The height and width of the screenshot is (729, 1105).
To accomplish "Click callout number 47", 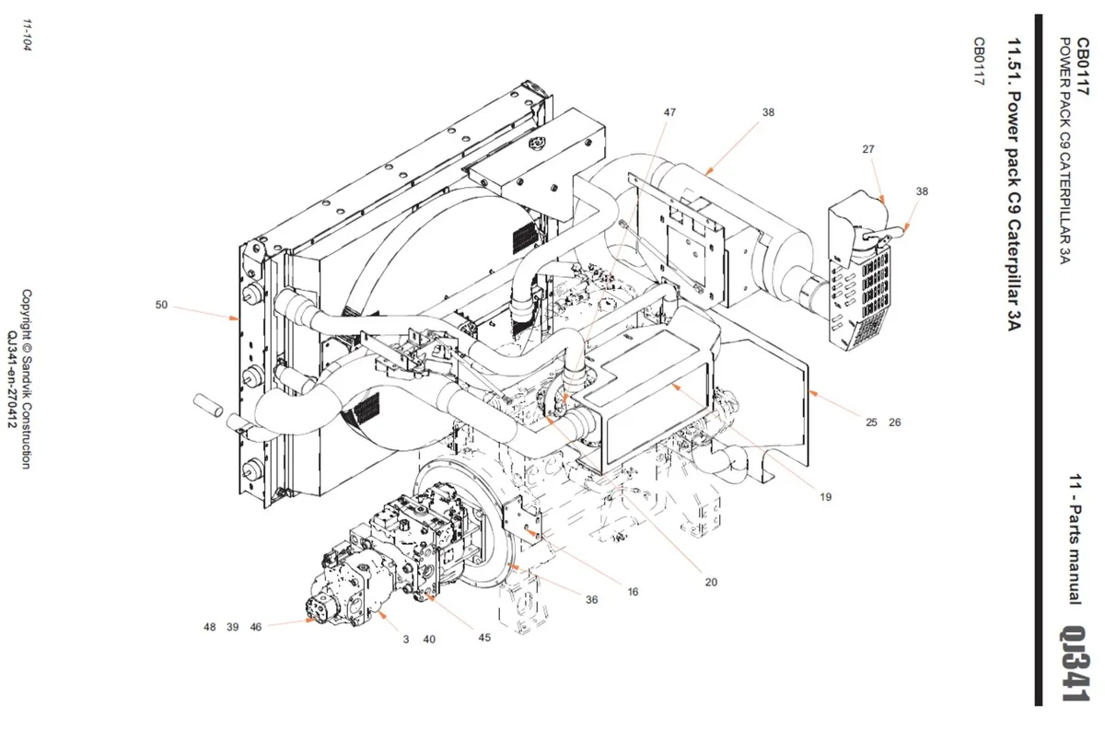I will pos(669,112).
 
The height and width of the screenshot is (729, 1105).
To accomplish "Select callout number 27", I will pos(868,149).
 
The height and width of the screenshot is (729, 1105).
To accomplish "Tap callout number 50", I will pos(161,305).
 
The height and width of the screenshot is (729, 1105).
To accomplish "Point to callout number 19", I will pos(825,497).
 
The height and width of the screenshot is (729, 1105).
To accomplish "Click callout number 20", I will pos(710,582).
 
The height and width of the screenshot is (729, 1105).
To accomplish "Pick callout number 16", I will pos(633,592).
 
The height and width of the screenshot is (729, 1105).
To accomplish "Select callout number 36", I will pos(591,599).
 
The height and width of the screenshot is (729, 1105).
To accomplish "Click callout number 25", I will pos(871,422).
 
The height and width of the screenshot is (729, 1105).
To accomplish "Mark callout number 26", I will pos(894,422).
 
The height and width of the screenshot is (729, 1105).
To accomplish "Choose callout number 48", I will pos(210,627).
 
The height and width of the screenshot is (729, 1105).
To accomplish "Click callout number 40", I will pos(429,639).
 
